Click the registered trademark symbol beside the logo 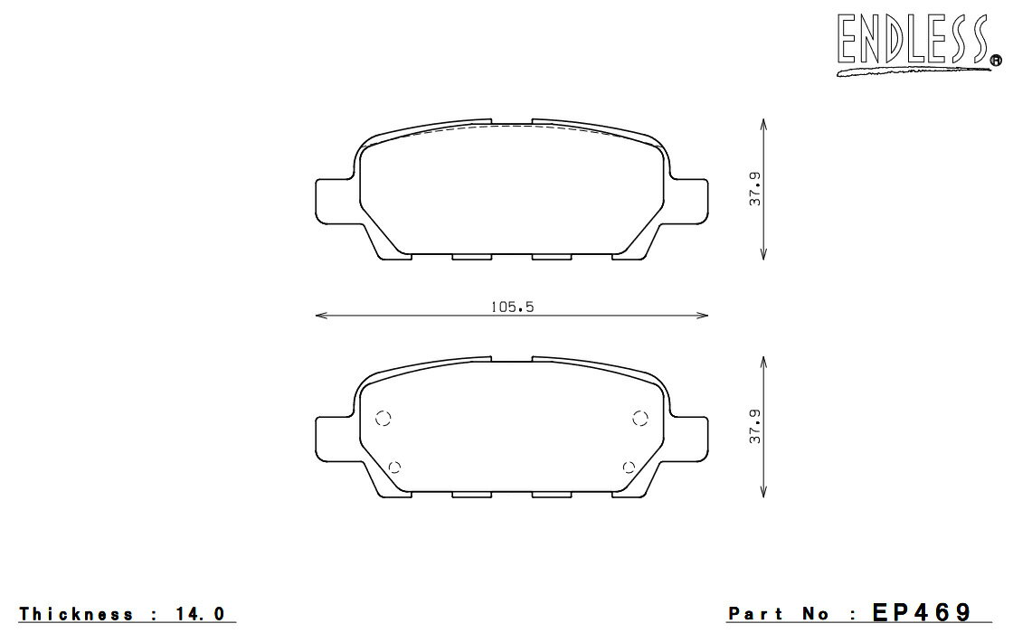996,61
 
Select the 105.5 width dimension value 512,307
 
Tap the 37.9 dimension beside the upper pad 754,189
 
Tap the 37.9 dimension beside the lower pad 754,426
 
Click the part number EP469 922,611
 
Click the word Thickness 76,613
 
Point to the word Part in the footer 755,613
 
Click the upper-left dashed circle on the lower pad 383,419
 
